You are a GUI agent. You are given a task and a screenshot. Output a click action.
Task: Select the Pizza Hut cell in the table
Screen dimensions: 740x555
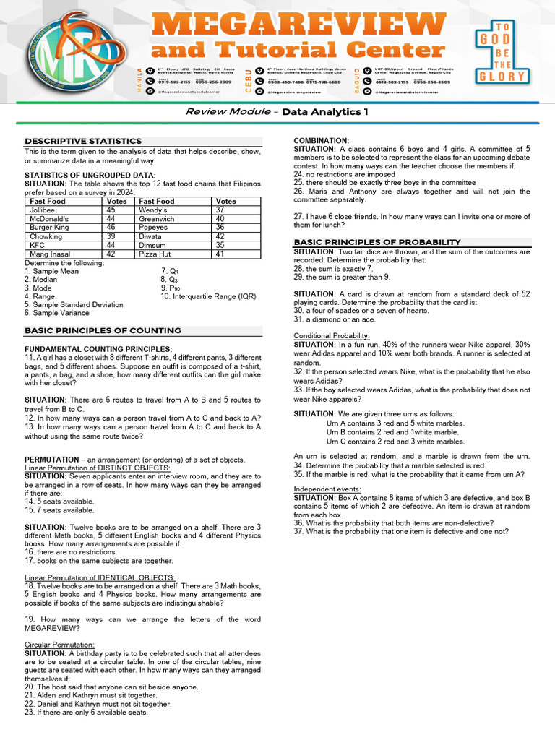coord(156,254)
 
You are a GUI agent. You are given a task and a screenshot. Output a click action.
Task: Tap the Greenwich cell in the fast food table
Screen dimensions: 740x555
coord(157,218)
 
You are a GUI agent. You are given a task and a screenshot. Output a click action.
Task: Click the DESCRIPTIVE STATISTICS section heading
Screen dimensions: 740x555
coord(83,141)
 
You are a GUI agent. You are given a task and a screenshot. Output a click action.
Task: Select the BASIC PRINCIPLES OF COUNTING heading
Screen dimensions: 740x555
coord(103,330)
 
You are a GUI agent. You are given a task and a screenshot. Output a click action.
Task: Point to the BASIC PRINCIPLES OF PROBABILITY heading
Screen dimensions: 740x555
coord(377,241)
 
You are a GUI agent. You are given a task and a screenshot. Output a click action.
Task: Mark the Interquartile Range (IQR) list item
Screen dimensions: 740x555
coord(208,296)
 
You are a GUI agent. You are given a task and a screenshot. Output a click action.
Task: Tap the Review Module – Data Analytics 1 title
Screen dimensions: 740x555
coord(277,112)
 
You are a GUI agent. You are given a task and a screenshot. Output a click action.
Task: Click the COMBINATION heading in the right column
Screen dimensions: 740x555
coord(322,140)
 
